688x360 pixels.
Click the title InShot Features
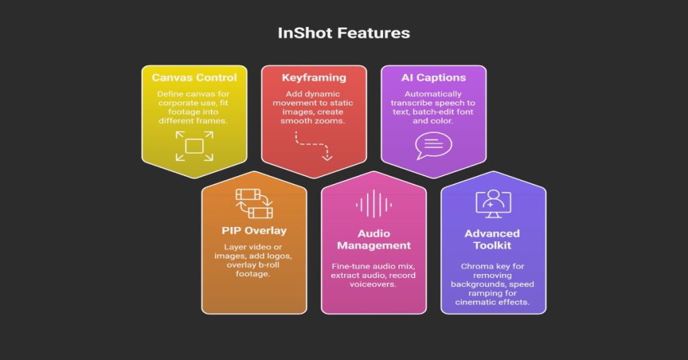point(343,32)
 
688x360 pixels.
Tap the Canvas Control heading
point(194,78)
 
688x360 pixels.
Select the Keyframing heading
point(314,78)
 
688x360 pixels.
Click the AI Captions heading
point(433,78)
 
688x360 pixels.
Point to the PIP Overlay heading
point(254,230)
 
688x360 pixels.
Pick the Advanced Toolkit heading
point(492,240)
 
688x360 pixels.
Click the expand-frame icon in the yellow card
point(194,146)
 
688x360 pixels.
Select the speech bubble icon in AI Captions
point(433,144)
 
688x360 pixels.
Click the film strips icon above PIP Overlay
point(254,204)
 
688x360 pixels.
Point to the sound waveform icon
point(374,204)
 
